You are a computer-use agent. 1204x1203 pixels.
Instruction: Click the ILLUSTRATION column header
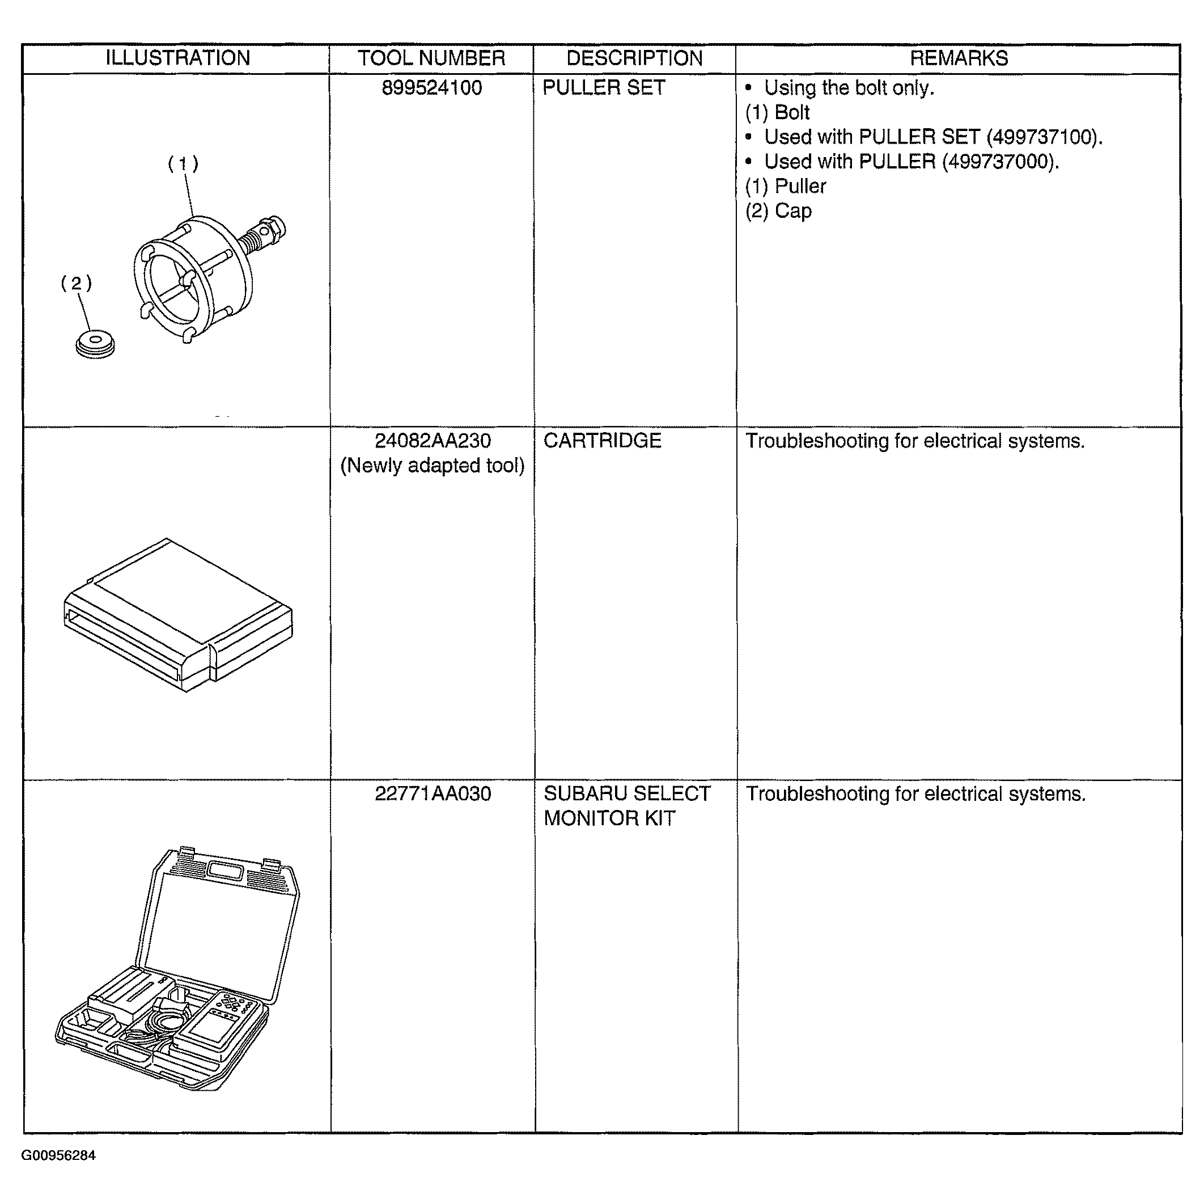click(x=177, y=58)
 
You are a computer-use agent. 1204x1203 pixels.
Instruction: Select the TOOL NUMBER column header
click(x=431, y=58)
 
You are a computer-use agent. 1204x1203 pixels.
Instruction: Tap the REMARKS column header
click(x=959, y=58)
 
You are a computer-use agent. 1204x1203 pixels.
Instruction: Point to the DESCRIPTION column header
click(x=634, y=58)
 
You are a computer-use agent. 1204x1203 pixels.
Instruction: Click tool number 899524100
click(x=432, y=87)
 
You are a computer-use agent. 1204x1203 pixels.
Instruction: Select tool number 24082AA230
click(x=433, y=441)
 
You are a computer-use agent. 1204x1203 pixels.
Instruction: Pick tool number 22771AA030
click(x=433, y=794)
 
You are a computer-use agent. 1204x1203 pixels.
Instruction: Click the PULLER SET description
click(x=604, y=87)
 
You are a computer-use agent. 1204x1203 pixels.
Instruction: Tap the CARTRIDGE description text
click(x=602, y=441)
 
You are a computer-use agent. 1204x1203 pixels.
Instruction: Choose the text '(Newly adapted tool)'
click(x=433, y=466)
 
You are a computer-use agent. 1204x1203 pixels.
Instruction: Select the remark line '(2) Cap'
click(x=778, y=211)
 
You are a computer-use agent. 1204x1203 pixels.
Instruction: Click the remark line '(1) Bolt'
click(x=777, y=112)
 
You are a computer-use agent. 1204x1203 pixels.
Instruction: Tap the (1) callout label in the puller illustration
click(x=183, y=164)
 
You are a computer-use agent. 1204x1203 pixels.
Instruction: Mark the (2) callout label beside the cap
click(x=76, y=284)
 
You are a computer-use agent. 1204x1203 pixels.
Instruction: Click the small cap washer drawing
click(x=95, y=345)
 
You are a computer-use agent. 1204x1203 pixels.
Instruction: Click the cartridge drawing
click(x=178, y=615)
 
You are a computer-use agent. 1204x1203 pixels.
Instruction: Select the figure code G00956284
click(x=58, y=1155)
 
